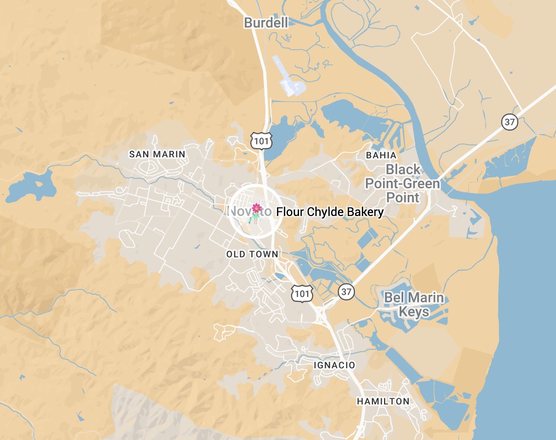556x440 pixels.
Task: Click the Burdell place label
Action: [x=266, y=23]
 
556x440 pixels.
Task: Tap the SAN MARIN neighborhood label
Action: [x=157, y=154]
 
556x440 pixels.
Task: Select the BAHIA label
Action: [x=381, y=155]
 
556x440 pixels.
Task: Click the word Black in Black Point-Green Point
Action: [x=403, y=169]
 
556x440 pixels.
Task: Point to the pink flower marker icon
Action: [x=256, y=208]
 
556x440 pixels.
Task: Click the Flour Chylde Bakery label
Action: [x=330, y=212]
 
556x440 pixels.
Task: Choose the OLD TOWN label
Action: [x=252, y=254]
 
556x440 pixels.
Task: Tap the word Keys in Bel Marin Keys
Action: [x=414, y=312]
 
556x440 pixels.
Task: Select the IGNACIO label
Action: [x=334, y=365]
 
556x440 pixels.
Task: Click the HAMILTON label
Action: [x=383, y=401]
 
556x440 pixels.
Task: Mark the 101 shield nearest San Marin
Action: [x=261, y=141]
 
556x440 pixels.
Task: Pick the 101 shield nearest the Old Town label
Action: [x=303, y=292]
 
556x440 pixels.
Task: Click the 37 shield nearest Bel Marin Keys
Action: [x=346, y=291]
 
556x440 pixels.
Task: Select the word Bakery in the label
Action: [x=365, y=212]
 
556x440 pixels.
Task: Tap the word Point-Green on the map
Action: [x=403, y=183]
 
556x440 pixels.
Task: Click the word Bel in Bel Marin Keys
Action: [x=394, y=297]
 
